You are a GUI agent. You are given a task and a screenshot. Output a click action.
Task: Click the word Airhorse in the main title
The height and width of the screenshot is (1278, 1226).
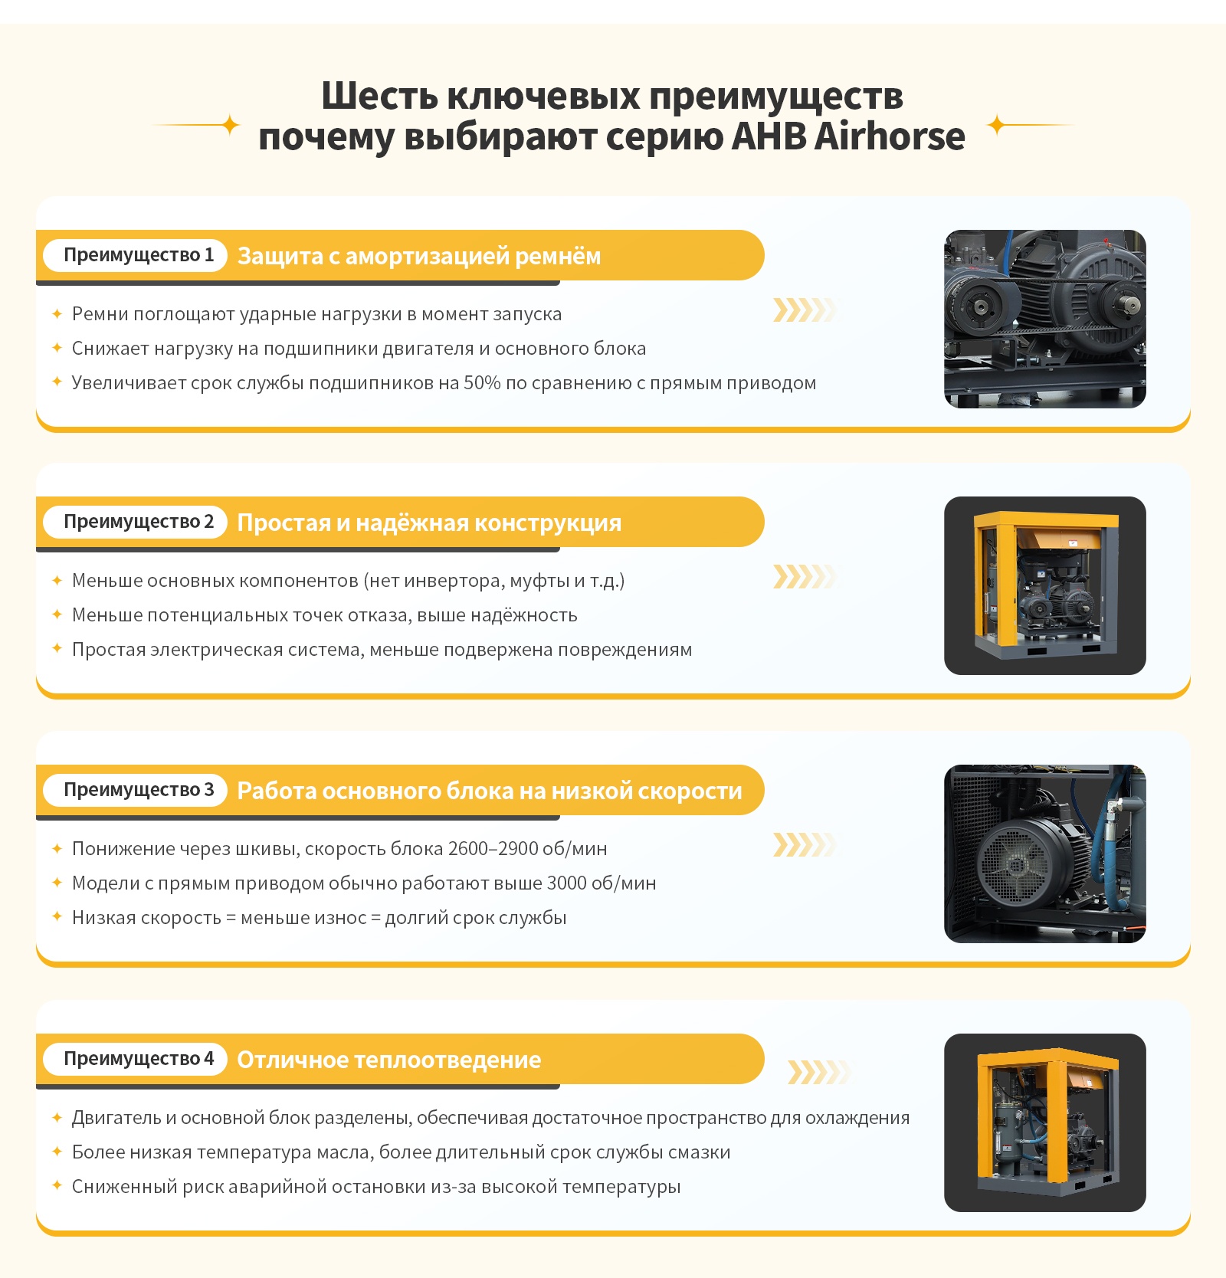point(889,136)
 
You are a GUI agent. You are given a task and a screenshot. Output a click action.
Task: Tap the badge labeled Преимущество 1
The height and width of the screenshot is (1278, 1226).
point(135,255)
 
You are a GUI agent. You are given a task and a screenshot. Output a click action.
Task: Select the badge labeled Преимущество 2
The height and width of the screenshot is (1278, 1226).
point(135,522)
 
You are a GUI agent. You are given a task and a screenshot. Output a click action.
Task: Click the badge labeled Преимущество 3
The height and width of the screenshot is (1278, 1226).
point(135,790)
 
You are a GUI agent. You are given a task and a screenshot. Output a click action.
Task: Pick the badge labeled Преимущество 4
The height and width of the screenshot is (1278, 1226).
point(135,1059)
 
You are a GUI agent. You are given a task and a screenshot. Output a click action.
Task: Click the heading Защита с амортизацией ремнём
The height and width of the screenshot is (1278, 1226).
point(419,256)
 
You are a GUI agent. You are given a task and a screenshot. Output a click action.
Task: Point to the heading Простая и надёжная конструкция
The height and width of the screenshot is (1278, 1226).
point(429,523)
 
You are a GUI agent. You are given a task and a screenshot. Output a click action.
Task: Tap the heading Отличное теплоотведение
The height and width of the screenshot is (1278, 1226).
point(389,1060)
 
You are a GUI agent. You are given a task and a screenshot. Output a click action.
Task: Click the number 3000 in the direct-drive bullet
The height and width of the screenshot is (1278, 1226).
point(566,883)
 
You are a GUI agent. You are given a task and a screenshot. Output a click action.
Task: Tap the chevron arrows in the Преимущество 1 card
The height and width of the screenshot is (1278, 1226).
point(805,310)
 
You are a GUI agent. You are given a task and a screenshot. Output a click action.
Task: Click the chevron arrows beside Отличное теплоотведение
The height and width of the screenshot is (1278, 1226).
point(819,1073)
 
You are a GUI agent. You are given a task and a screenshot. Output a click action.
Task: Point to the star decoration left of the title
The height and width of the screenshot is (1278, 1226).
point(230,125)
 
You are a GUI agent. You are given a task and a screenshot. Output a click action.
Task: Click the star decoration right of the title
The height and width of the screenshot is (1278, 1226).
point(996,125)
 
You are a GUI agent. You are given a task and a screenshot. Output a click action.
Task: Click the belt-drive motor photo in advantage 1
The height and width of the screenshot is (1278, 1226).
point(1045,319)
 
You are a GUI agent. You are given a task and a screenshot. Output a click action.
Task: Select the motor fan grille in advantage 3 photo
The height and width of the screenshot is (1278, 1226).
point(1016,866)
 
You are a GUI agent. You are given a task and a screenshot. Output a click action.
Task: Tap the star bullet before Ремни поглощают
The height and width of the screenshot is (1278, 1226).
point(57,313)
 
